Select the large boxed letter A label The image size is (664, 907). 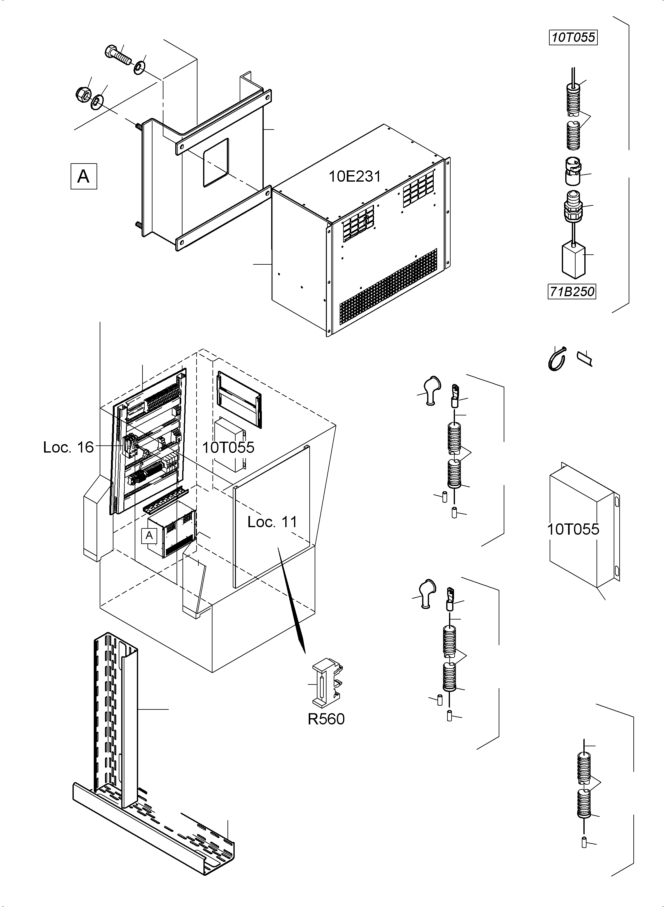click(x=84, y=176)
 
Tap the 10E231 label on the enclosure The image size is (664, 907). click(x=355, y=176)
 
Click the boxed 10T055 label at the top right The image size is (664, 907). click(x=573, y=37)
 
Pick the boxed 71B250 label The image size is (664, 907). click(x=572, y=292)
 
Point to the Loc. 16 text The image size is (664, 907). click(x=68, y=447)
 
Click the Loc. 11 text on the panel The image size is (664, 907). click(x=272, y=522)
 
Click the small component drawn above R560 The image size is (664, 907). click(x=327, y=683)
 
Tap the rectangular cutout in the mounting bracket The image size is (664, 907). click(x=216, y=162)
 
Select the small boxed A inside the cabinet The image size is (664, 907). click(x=149, y=535)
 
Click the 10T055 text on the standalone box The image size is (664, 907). click(x=573, y=529)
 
